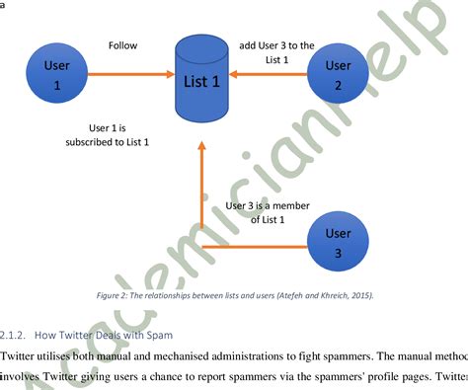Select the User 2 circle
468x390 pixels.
click(338, 76)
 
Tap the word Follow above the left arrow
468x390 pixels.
click(123, 45)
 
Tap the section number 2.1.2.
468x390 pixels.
click(17, 336)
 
